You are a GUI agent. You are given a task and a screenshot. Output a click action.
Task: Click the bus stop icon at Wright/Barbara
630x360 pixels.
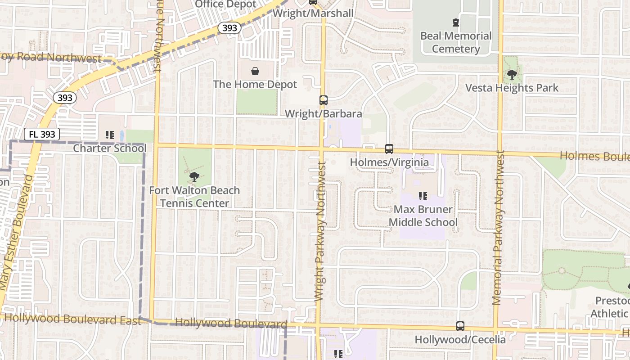point(323,100)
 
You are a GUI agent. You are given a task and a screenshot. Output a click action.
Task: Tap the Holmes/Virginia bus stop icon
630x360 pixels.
point(389,148)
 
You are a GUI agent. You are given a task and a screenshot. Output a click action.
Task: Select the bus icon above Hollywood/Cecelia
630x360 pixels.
point(460,326)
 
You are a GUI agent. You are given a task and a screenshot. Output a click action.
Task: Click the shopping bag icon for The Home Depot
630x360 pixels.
point(255,71)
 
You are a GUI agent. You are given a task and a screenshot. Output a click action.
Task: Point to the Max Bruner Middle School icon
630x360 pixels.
point(423,196)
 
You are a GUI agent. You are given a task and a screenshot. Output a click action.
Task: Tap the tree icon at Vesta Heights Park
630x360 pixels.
point(512,74)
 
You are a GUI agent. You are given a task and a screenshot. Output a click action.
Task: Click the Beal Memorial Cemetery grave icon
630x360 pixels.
point(455,22)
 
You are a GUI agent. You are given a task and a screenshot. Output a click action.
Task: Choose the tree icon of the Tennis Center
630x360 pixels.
point(194,176)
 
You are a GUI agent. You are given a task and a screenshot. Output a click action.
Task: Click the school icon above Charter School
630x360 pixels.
point(109,135)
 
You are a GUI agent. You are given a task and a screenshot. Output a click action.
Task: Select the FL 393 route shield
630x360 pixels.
point(42,134)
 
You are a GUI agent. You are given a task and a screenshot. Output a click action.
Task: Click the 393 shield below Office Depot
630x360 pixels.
point(229,28)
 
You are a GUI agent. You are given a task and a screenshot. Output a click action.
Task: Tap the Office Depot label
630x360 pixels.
point(225,4)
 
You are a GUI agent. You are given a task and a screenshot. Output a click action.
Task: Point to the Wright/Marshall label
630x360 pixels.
point(313,13)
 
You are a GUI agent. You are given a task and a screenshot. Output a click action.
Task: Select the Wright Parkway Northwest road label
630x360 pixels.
point(319,232)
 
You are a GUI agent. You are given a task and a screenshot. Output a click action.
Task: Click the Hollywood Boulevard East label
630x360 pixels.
point(66,319)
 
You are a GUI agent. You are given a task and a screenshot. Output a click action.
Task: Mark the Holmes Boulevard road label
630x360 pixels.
point(594,157)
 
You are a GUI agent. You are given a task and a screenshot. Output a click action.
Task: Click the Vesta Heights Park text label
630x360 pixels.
point(512,88)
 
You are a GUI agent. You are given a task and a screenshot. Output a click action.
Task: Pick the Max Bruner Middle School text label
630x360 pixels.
point(423,216)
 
